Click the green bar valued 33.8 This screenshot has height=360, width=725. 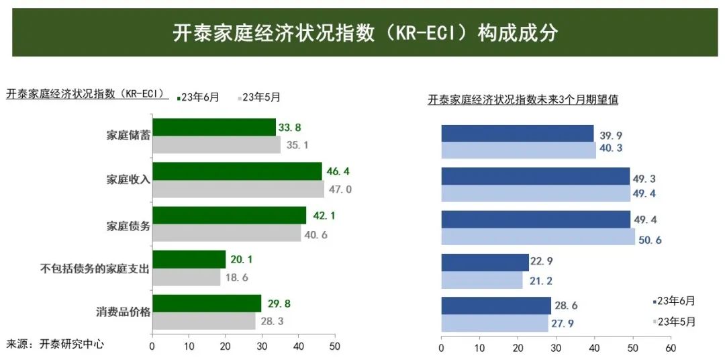tap(214, 127)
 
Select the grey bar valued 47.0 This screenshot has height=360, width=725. tap(238, 189)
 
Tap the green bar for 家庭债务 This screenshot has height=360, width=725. tap(229, 215)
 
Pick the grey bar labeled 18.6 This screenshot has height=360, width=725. tap(186, 277)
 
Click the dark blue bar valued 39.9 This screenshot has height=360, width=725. tap(517, 133)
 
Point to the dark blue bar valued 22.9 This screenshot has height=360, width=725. tap(485, 262)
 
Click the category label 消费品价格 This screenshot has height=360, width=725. tap(123, 312)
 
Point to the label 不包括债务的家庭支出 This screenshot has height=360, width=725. tap(94, 268)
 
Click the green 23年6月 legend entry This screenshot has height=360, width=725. tap(199, 97)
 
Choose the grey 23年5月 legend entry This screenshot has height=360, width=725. tap(260, 97)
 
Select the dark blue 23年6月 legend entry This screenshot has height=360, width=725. tap(674, 301)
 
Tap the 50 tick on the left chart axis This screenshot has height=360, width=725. tap(334, 347)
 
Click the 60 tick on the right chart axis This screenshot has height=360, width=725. tap(670, 348)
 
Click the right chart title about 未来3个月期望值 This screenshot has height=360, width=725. tap(523, 100)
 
